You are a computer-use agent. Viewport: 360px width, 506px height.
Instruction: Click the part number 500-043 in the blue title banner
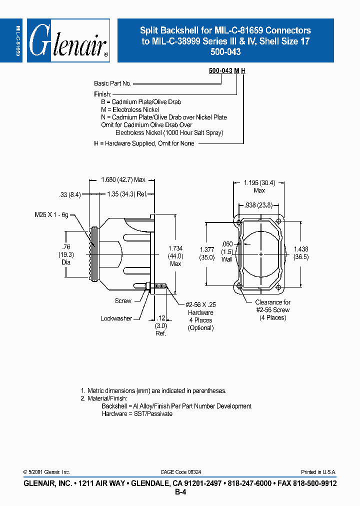[225, 52]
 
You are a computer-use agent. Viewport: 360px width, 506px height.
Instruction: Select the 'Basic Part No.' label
[112, 83]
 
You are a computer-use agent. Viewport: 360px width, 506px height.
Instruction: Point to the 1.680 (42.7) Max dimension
[122, 180]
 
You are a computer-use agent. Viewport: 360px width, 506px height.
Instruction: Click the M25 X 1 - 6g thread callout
[52, 214]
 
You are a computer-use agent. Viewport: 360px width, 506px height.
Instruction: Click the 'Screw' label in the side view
[123, 301]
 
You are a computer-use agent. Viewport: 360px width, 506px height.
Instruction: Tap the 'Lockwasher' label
[116, 318]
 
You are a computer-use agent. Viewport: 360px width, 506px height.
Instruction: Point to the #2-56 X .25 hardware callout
[200, 304]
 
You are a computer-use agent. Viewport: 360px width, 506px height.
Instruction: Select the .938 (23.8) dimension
[258, 205]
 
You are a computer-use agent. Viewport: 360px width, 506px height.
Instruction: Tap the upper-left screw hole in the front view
[239, 221]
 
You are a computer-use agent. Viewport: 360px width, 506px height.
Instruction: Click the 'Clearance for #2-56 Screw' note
[272, 310]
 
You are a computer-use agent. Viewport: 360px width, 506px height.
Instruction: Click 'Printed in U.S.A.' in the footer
[318, 472]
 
